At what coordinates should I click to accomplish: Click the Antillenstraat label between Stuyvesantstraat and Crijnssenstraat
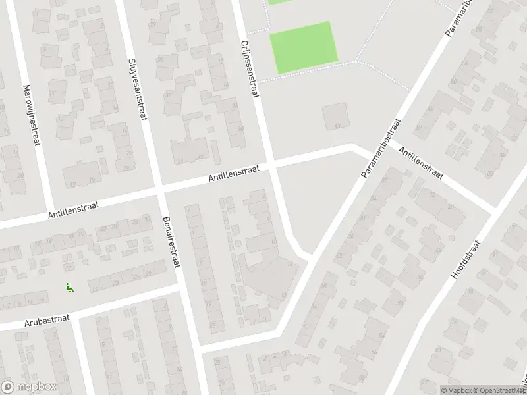tap(234, 173)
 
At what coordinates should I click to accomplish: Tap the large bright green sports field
tap(304, 47)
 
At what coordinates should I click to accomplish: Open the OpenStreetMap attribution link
tap(499, 390)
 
